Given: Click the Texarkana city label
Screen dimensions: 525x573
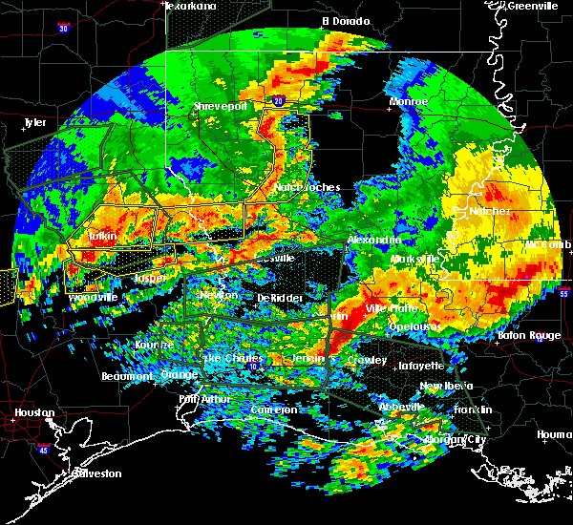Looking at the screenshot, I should click(x=190, y=6).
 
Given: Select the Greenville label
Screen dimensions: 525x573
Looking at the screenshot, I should click(x=534, y=6).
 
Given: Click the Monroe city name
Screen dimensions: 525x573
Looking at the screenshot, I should click(x=408, y=101).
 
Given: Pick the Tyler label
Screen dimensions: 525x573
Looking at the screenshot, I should click(x=34, y=122).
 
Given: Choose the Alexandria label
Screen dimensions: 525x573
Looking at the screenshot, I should click(x=374, y=240).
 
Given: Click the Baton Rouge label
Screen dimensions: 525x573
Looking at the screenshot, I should click(x=530, y=335).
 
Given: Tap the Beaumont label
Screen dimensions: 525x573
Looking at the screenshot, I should click(x=127, y=376).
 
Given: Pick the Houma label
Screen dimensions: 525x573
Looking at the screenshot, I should click(x=555, y=434).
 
